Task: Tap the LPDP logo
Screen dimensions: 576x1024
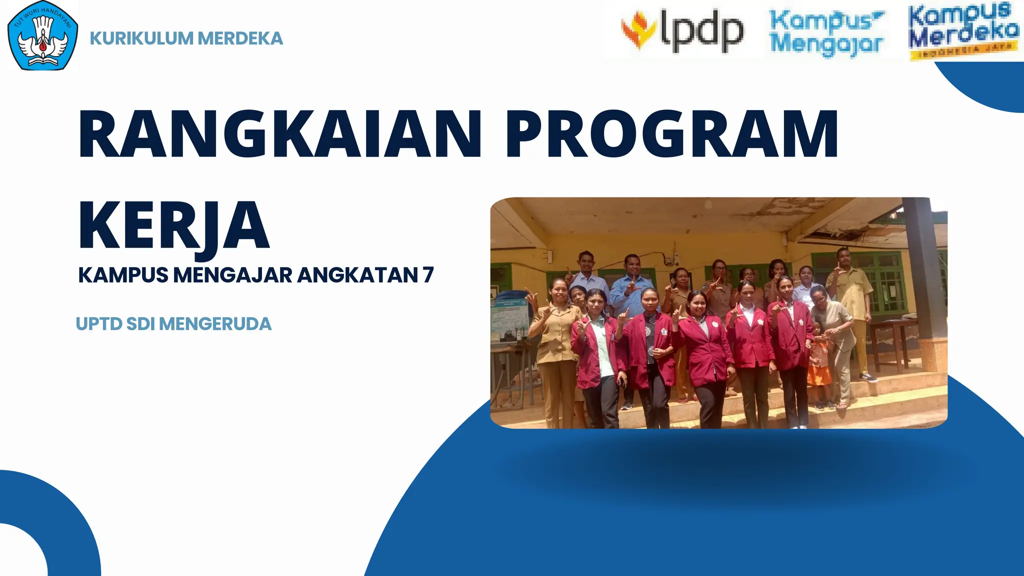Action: click(682, 31)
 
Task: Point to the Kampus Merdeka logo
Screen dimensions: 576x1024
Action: click(963, 31)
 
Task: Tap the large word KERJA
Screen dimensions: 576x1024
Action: click(174, 226)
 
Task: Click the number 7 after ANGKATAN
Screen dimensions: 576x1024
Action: click(428, 275)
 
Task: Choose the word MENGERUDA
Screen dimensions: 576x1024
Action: click(215, 324)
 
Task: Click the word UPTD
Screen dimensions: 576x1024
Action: click(99, 324)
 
